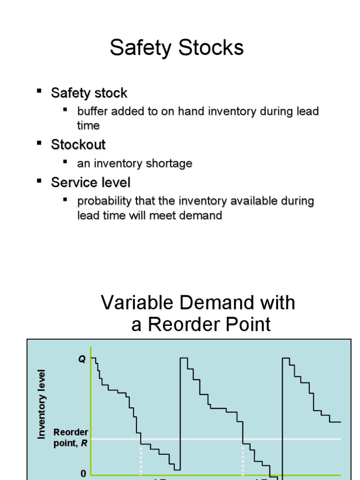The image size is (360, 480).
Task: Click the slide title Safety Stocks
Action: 177,48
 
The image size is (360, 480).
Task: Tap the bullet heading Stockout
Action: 78,144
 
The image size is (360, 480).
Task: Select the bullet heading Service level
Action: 90,182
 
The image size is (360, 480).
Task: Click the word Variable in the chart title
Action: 136,303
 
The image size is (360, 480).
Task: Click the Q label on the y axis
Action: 82,360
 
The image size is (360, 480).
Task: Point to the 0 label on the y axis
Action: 83,474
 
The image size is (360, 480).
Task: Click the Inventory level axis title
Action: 42,404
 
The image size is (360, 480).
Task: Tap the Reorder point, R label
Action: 71,437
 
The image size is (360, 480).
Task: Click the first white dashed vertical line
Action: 141,459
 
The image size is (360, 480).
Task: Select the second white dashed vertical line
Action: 242,459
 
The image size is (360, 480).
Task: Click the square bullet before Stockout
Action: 39,142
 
